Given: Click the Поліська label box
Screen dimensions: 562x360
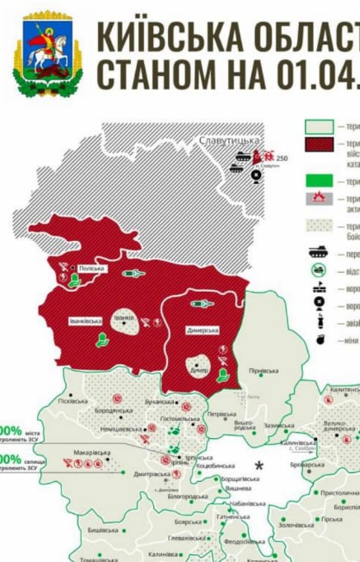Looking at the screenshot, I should pyautogui.click(x=90, y=269).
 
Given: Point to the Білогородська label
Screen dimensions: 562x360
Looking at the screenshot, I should pyautogui.click(x=187, y=497).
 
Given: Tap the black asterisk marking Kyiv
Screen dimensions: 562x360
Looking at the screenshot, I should pyautogui.click(x=258, y=466).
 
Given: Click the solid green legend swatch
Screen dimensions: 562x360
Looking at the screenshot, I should pyautogui.click(x=320, y=180).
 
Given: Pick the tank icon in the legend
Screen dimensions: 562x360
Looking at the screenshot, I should pyautogui.click(x=320, y=253).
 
